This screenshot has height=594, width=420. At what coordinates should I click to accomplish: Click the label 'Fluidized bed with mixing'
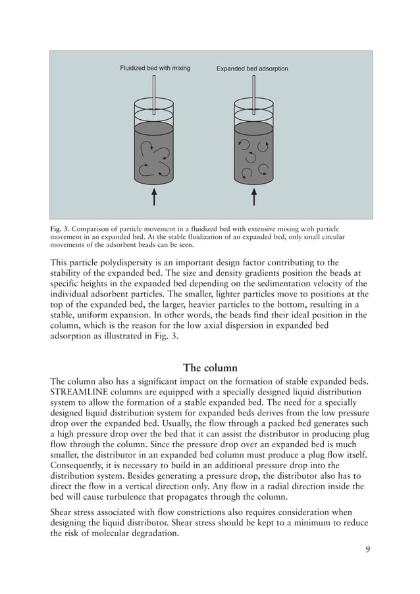pos(155,68)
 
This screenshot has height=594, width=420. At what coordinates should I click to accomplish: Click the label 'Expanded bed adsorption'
pos(252,68)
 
